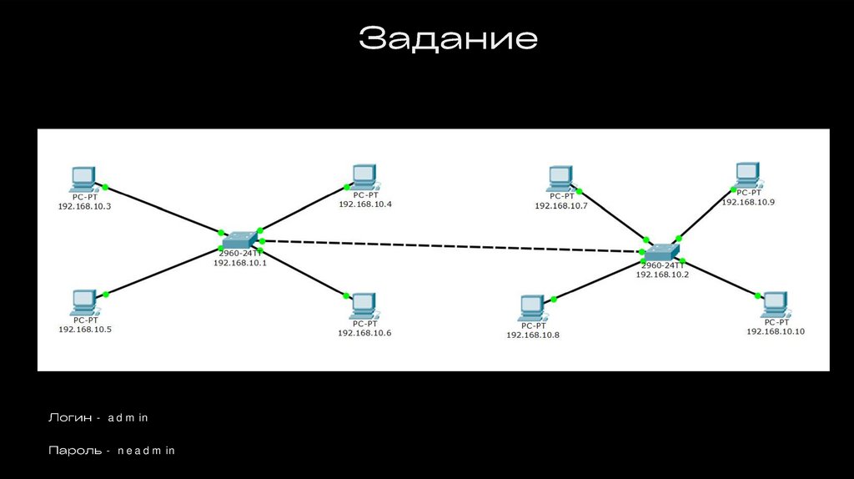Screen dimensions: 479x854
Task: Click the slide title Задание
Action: tap(448, 38)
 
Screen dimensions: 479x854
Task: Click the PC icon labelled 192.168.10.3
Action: tap(83, 178)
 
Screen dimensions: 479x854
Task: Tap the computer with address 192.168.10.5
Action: tap(84, 301)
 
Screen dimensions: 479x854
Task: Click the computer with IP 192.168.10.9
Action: tap(748, 175)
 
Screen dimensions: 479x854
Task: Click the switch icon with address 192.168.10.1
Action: tap(241, 239)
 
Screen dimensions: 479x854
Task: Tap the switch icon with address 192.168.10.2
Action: tap(663, 251)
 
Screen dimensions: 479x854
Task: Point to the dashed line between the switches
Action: tap(450, 246)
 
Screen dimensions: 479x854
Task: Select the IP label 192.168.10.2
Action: tap(662, 274)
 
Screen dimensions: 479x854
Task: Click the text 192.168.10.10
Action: tap(776, 332)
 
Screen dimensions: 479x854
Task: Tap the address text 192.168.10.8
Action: tap(533, 335)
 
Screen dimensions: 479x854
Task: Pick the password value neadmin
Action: tap(146, 451)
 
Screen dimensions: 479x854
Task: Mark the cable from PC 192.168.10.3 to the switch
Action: tap(163, 209)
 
